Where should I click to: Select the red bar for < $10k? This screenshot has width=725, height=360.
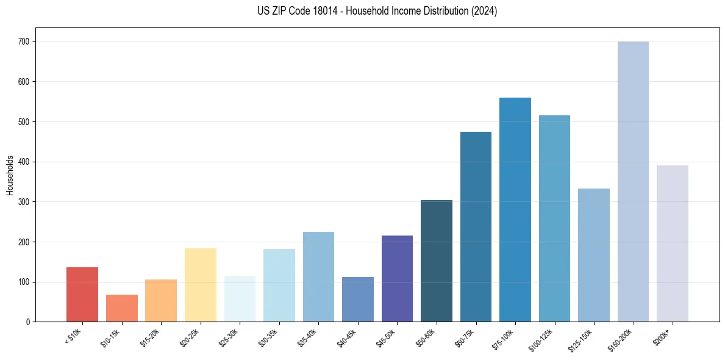pyautogui.click(x=82, y=295)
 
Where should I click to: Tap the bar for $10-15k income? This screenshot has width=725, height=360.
pyautogui.click(x=121, y=308)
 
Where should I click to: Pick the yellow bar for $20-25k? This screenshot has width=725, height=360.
pyautogui.click(x=201, y=285)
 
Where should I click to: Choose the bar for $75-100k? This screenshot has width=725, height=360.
pyautogui.click(x=515, y=210)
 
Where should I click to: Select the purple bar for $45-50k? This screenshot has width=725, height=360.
pyautogui.click(x=397, y=279)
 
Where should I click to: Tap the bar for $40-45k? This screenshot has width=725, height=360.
pyautogui.click(x=358, y=300)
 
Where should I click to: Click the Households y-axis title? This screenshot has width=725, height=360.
pyautogui.click(x=10, y=175)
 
